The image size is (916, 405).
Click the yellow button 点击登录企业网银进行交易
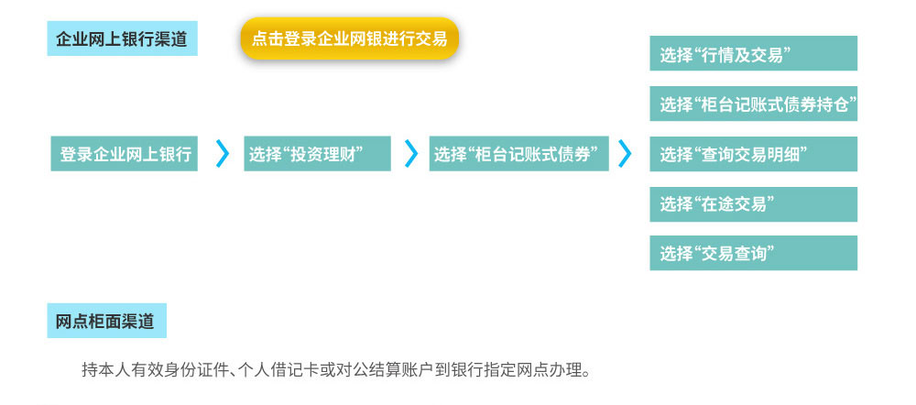pos(349,38)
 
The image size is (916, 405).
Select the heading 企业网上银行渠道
pos(122,38)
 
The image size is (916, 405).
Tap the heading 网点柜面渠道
pos(107,321)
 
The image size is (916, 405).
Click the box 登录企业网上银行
pos(125,154)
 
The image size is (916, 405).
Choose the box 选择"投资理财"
pos(317,154)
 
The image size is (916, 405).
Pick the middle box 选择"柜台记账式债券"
pos(518,154)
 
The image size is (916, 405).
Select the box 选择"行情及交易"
pos(754,53)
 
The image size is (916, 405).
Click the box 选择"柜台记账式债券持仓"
pos(754,104)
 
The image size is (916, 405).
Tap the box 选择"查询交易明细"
pos(754,154)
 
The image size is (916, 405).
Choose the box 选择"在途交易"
pos(754,204)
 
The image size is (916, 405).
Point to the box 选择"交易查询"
pos(754,253)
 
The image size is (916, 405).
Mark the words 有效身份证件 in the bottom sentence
pos(177,370)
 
